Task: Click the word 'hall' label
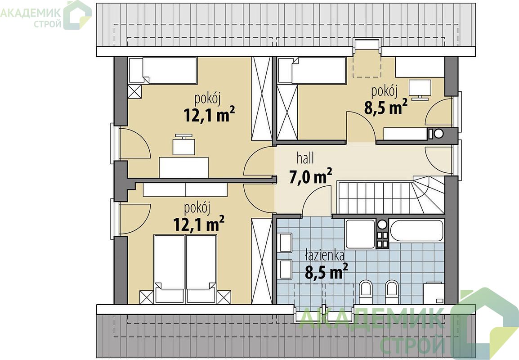click(x=305, y=158)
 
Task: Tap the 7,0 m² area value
click(x=310, y=177)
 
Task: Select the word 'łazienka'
click(x=325, y=256)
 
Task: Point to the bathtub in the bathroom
click(x=417, y=231)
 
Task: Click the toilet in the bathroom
click(x=366, y=292)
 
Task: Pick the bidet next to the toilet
click(x=392, y=292)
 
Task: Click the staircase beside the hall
click(x=391, y=197)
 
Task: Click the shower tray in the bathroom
click(x=360, y=234)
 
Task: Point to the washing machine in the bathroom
click(x=434, y=293)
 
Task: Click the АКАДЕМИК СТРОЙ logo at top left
click(x=46, y=15)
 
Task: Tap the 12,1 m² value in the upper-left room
click(x=209, y=115)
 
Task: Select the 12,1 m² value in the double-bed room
click(x=199, y=224)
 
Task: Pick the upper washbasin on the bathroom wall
click(x=286, y=243)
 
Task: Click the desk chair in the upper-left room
click(x=183, y=144)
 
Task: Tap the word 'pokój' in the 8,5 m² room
click(x=384, y=91)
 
